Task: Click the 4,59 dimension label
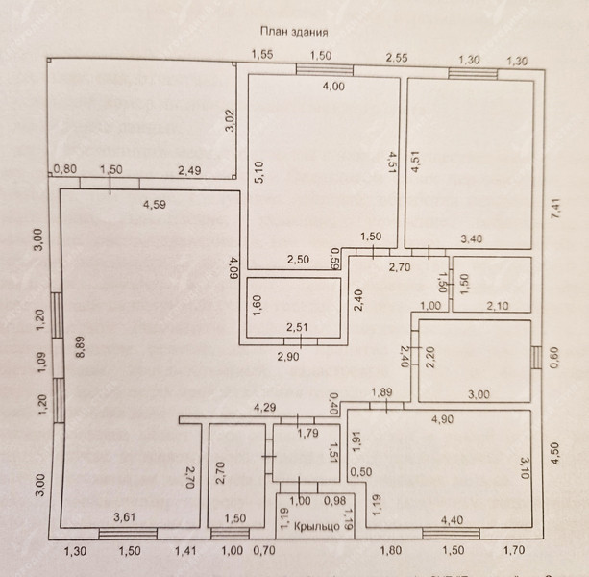click(156, 205)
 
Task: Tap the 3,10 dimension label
click(520, 468)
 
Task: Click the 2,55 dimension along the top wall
click(398, 58)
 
